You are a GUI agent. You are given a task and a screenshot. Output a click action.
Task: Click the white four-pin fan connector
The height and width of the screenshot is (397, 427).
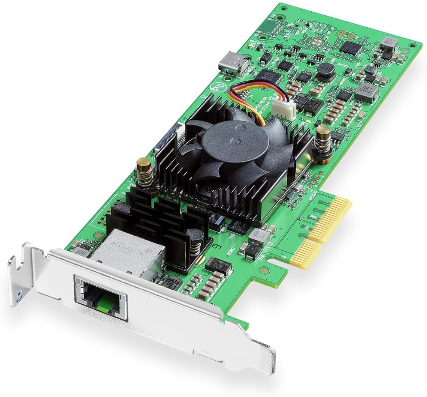point(285,109)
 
